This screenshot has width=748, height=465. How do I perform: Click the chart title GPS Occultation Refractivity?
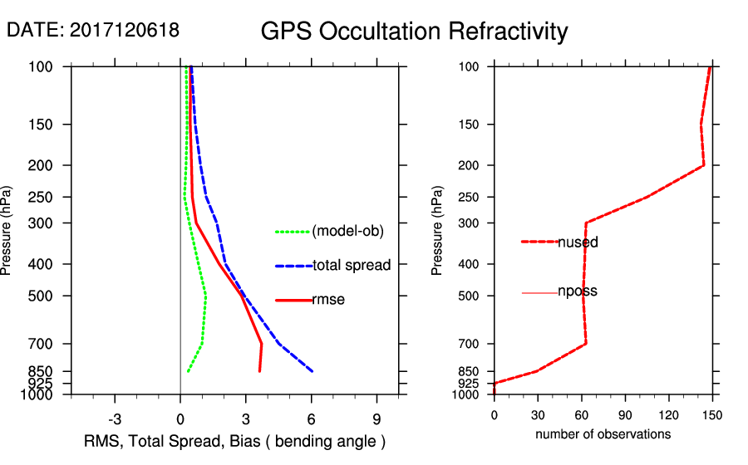tap(414, 32)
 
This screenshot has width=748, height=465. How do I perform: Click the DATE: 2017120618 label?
tap(93, 30)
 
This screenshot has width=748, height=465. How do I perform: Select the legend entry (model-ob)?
tap(347, 232)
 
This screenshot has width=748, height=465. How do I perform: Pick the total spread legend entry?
tap(352, 266)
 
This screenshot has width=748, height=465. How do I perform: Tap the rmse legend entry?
tap(328, 300)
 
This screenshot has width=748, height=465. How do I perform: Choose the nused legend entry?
tap(578, 242)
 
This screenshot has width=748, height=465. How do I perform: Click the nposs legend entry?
tap(578, 292)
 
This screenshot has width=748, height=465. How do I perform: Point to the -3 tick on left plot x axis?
tap(115, 418)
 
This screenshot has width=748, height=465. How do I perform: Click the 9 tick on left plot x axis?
tap(377, 418)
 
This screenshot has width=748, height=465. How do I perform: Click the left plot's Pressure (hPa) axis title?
tap(10, 231)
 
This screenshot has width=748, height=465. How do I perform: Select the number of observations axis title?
tap(603, 434)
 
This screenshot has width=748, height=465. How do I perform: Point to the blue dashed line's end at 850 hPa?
tap(312, 371)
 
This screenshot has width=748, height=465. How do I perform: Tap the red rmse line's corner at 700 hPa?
tap(262, 344)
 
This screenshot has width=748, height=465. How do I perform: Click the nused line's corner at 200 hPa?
tap(704, 165)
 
